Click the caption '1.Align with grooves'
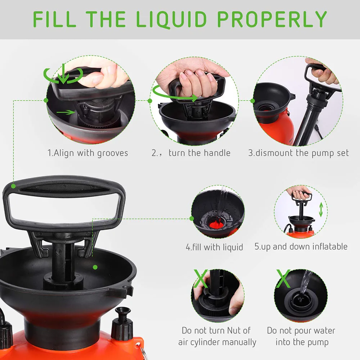click(88, 153)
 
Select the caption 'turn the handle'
click(199, 153)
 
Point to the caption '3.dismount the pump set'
click(298, 153)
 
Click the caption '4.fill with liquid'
click(214, 247)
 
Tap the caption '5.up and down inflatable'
click(301, 247)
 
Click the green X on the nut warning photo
click(201, 278)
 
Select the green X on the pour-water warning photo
click(283, 278)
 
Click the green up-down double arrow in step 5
click(321, 210)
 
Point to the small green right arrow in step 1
click(66, 112)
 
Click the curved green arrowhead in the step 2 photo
click(194, 98)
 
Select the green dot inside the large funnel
click(95, 267)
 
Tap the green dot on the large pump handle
click(14, 186)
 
